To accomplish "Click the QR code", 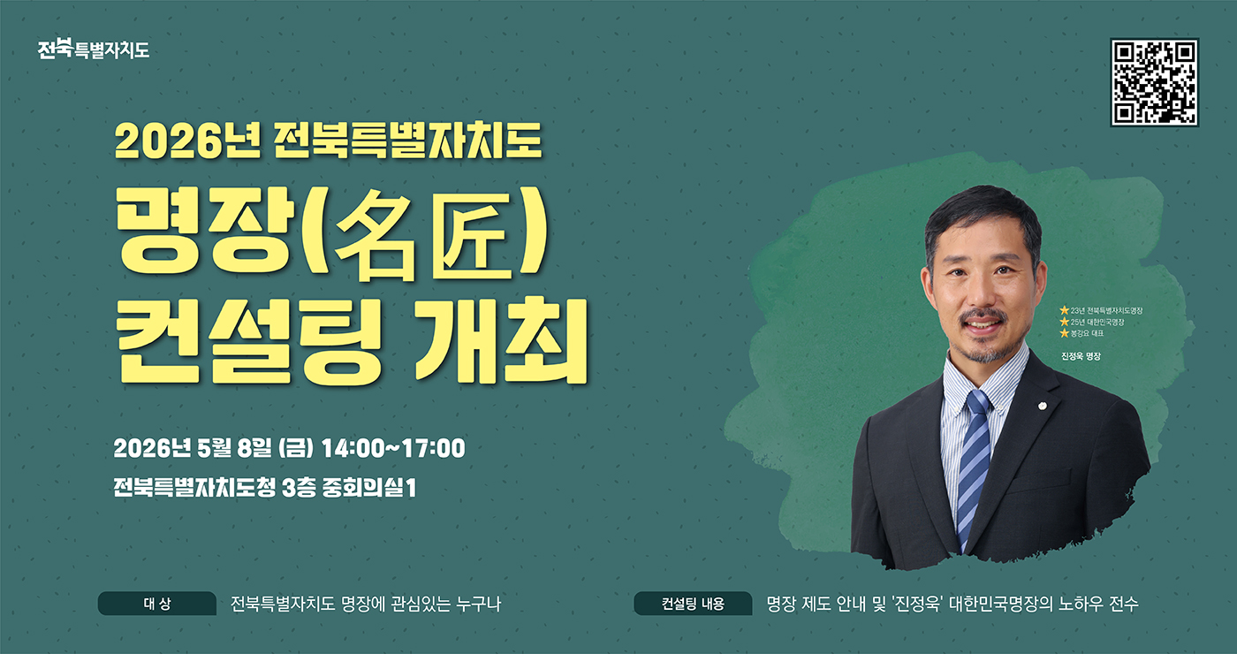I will (x=1154, y=82).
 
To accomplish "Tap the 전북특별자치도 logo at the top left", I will (x=94, y=49).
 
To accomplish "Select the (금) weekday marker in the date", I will (x=295, y=448).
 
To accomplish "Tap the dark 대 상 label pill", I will (x=156, y=604).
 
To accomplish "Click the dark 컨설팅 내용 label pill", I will (x=693, y=604).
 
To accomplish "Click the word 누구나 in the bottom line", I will (x=478, y=605).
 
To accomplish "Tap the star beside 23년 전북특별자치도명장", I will (x=1064, y=310).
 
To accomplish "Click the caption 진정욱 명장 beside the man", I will (x=1084, y=355).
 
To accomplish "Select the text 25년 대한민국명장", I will (x=1097, y=322).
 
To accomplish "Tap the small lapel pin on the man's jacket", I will (x=1043, y=407).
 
